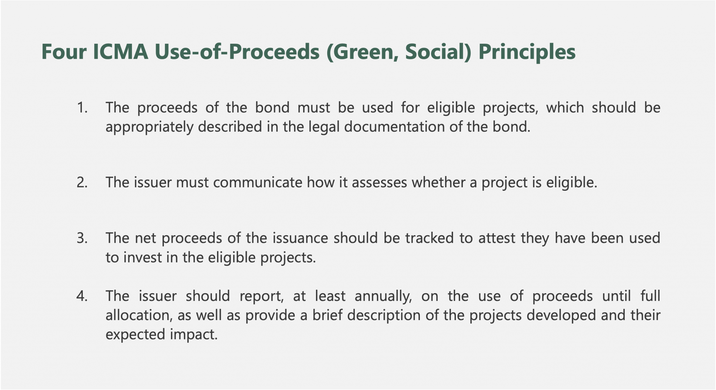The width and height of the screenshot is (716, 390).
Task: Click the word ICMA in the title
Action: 121,52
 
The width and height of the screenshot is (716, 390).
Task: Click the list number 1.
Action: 82,108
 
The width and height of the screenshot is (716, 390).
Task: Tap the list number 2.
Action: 82,182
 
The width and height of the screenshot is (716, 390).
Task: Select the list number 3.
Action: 82,238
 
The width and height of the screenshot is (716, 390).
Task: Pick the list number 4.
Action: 82,296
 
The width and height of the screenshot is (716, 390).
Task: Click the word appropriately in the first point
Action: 149,127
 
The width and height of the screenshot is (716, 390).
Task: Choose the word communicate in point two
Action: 258,182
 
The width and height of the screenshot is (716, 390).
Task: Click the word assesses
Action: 379,182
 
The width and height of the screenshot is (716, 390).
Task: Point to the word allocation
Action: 139,315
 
